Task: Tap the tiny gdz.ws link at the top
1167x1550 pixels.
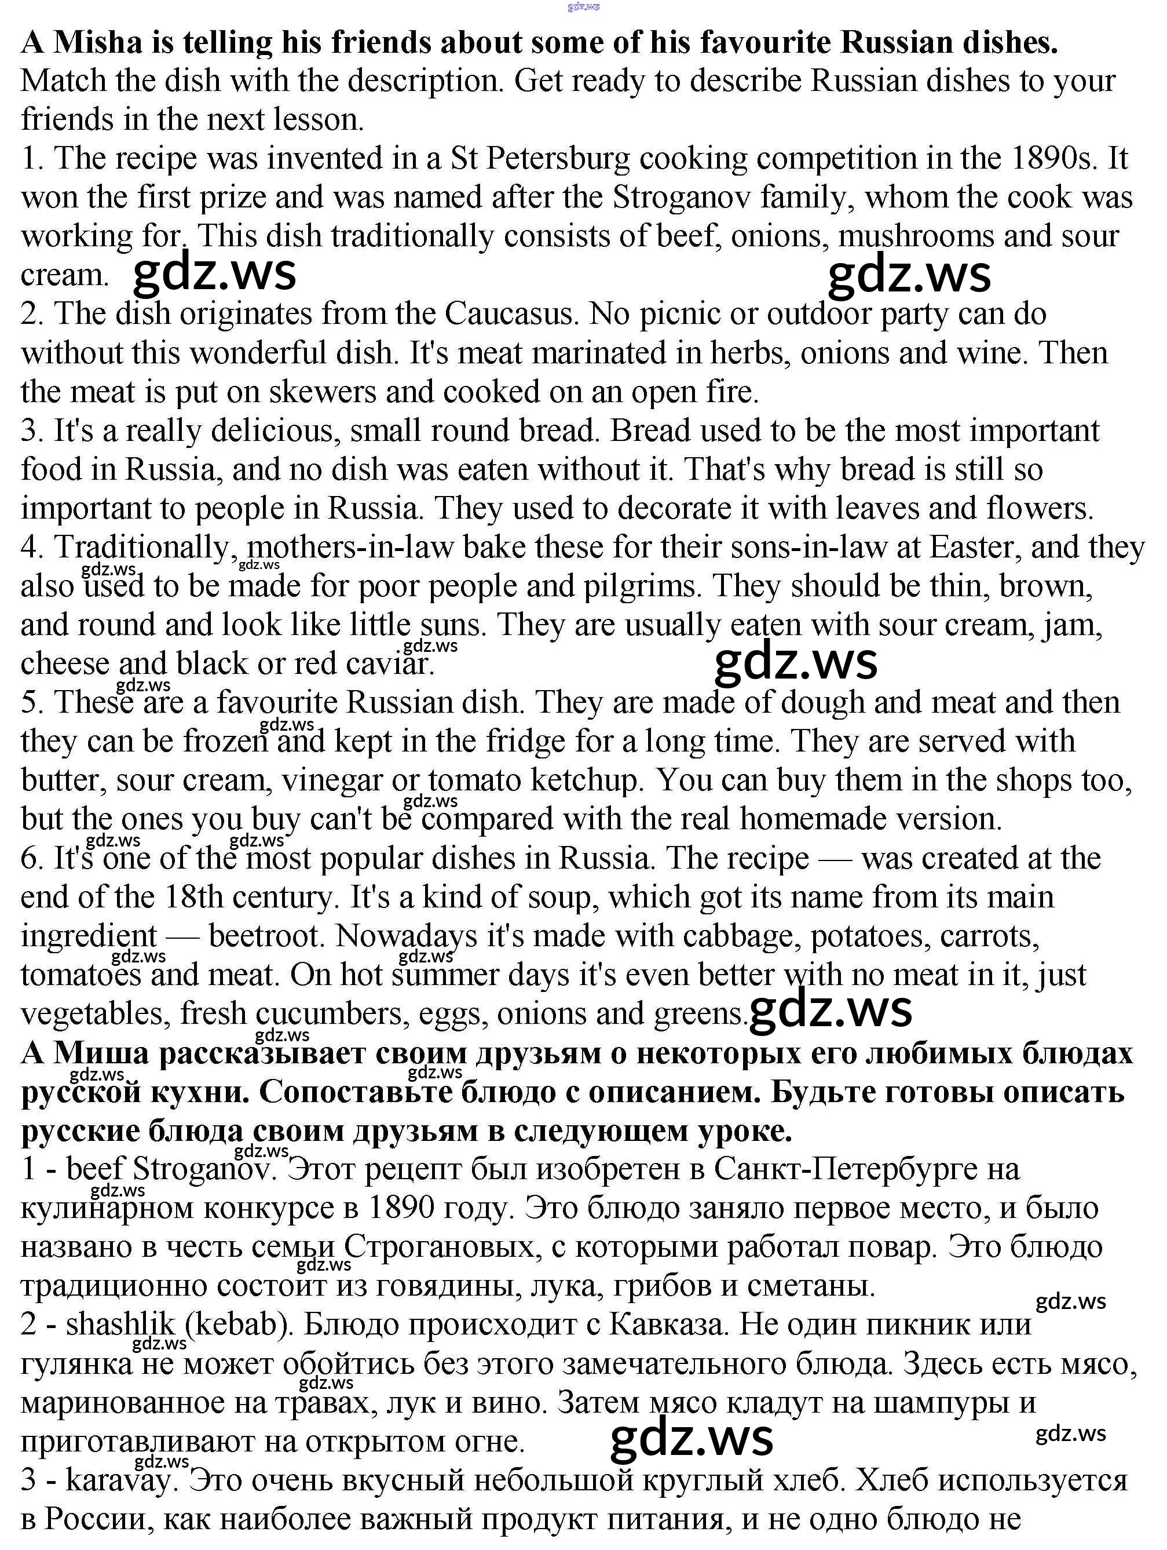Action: (x=584, y=6)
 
